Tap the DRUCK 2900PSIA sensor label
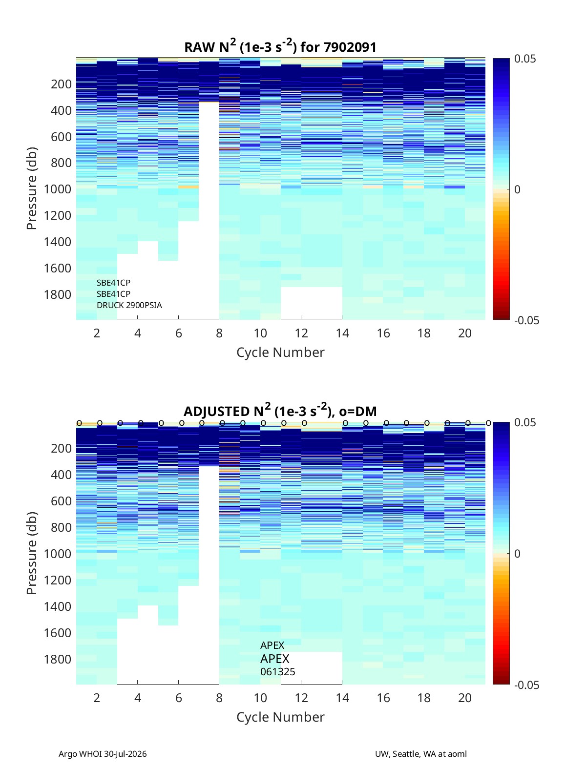129,305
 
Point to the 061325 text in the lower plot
277,672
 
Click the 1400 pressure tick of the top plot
58,242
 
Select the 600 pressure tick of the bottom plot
61,501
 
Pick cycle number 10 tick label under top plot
260,333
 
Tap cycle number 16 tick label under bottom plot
383,698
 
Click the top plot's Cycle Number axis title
280,353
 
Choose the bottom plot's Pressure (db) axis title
32,553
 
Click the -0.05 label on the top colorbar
526,320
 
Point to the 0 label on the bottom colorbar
517,554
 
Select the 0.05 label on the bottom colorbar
524,422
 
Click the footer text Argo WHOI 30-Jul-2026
103,754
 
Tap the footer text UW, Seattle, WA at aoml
420,754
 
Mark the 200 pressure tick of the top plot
61,84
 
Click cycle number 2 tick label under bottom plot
97,698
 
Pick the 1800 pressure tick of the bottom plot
58,659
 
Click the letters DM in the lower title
366,411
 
